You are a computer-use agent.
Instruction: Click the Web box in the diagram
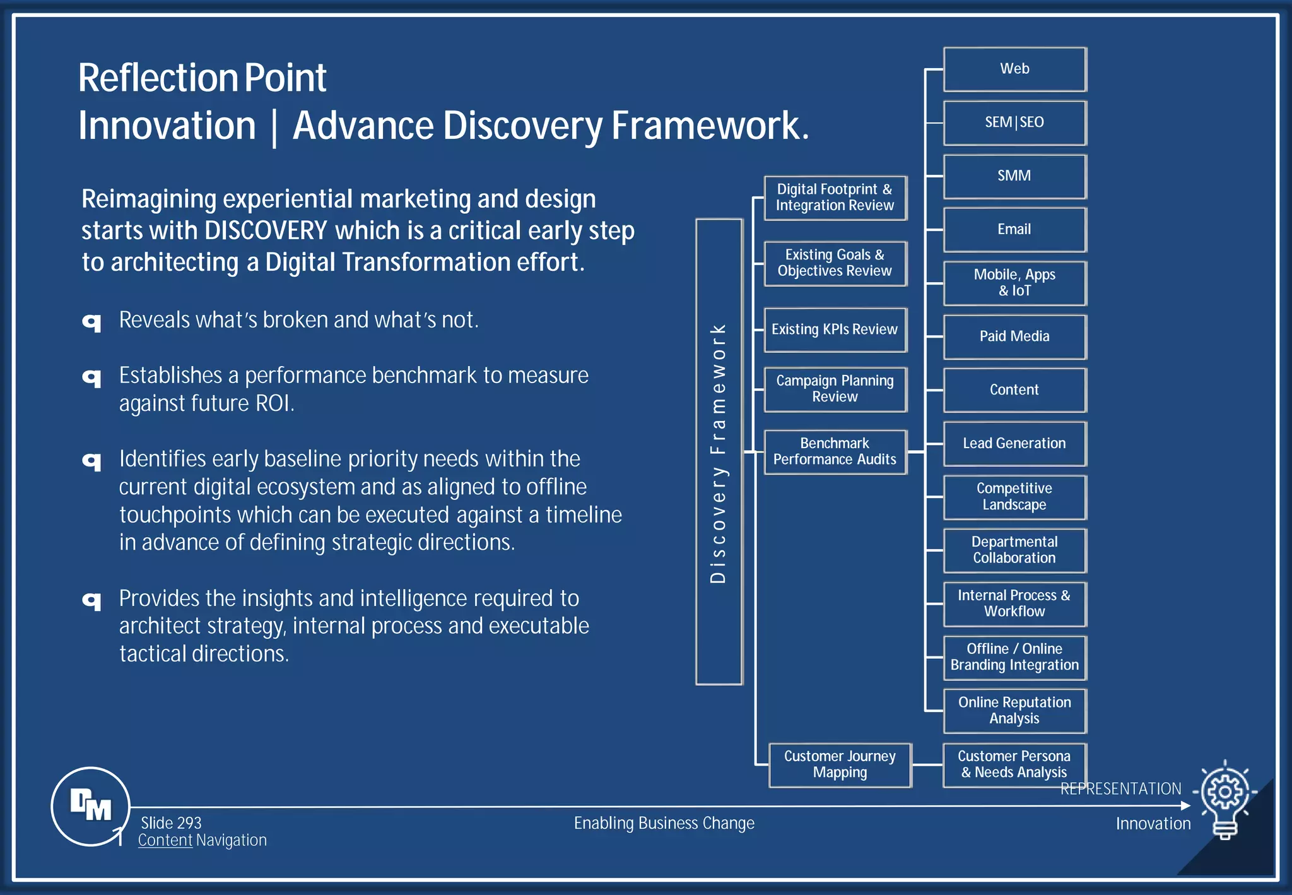pyautogui.click(x=1014, y=69)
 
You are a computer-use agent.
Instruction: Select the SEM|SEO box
pyautogui.click(x=1014, y=123)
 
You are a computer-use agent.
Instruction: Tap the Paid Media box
pyautogui.click(x=1014, y=337)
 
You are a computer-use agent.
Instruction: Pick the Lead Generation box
pyautogui.click(x=1014, y=444)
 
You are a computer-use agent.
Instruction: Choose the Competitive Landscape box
pyautogui.click(x=1014, y=497)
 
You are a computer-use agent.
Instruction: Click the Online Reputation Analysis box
pyautogui.click(x=1014, y=711)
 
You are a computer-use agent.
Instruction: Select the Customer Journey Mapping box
pyautogui.click(x=840, y=765)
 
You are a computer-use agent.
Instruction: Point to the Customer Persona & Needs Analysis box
pyautogui.click(x=1014, y=765)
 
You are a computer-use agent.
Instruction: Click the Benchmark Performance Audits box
pyautogui.click(x=835, y=452)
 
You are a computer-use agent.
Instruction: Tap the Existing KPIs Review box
pyautogui.click(x=835, y=330)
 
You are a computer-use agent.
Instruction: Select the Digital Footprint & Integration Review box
pyautogui.click(x=835, y=198)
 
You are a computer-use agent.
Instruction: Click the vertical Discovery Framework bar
pyautogui.click(x=719, y=452)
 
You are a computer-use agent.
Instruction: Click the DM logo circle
pyautogui.click(x=90, y=806)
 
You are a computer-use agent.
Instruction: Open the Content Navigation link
pyautogui.click(x=202, y=841)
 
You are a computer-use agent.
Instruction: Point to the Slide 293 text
pyautogui.click(x=171, y=823)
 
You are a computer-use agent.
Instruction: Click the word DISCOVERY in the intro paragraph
pyautogui.click(x=266, y=231)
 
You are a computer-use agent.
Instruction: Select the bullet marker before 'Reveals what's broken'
pyautogui.click(x=92, y=323)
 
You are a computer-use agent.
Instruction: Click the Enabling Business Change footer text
pyautogui.click(x=664, y=824)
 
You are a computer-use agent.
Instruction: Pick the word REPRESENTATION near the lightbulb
pyautogui.click(x=1120, y=789)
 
